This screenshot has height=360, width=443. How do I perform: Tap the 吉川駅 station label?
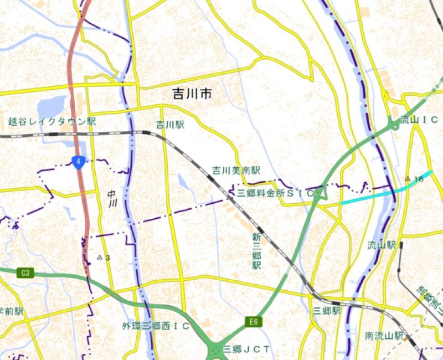[169, 125]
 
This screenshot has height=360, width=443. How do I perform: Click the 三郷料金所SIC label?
[275, 193]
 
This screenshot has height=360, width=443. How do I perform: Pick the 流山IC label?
[419, 120]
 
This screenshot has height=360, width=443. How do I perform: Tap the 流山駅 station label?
[382, 244]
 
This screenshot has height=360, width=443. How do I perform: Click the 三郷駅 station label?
[327, 311]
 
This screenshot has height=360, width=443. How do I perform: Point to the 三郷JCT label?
[246, 349]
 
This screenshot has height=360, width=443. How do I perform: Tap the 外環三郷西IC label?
[156, 326]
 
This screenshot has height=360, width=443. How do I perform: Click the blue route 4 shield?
[79, 162]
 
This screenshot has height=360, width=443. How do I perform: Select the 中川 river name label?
[112, 198]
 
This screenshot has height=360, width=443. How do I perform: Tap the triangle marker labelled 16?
[408, 178]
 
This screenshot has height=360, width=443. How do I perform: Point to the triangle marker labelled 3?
[100, 257]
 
